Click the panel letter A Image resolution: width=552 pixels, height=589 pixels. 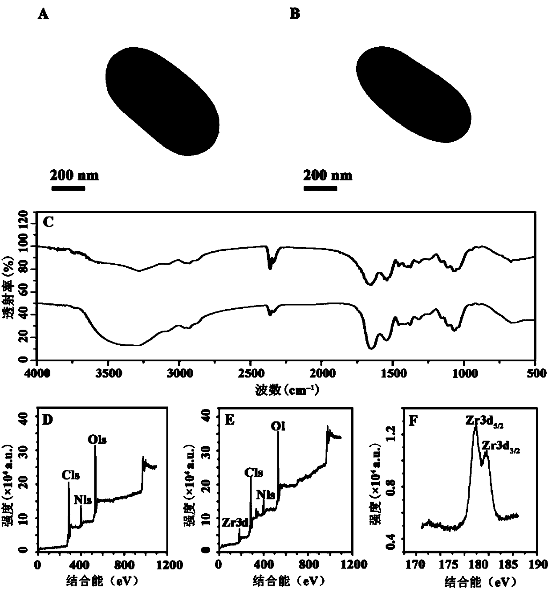43,14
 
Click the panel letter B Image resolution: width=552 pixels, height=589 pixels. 295,14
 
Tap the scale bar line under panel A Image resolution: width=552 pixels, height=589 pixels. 68,189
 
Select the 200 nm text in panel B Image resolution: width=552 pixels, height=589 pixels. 328,175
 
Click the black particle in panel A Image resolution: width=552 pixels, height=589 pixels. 162,101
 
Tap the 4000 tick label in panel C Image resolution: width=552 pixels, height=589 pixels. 37,374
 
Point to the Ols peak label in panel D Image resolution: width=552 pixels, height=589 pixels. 97,440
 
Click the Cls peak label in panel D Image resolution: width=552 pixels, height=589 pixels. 71,475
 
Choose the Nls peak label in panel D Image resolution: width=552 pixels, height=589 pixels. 83,500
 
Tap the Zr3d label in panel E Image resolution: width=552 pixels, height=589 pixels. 234,523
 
